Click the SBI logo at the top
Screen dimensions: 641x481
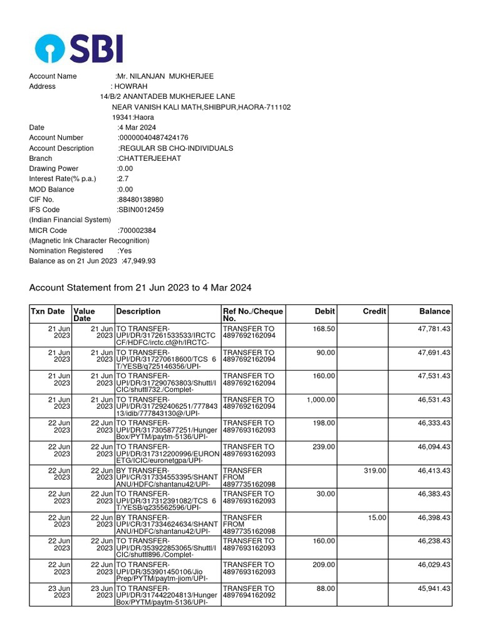click(79, 48)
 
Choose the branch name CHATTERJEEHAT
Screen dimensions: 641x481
click(150, 158)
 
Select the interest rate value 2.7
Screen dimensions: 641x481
click(123, 179)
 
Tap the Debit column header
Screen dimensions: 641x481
click(324, 311)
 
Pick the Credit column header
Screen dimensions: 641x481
click(375, 311)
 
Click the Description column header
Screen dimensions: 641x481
click(138, 311)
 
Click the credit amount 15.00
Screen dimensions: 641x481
click(377, 518)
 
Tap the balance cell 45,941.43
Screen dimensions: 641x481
click(434, 588)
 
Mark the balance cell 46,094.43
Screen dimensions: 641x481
click(434, 446)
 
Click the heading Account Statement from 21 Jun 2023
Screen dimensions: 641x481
click(140, 288)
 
